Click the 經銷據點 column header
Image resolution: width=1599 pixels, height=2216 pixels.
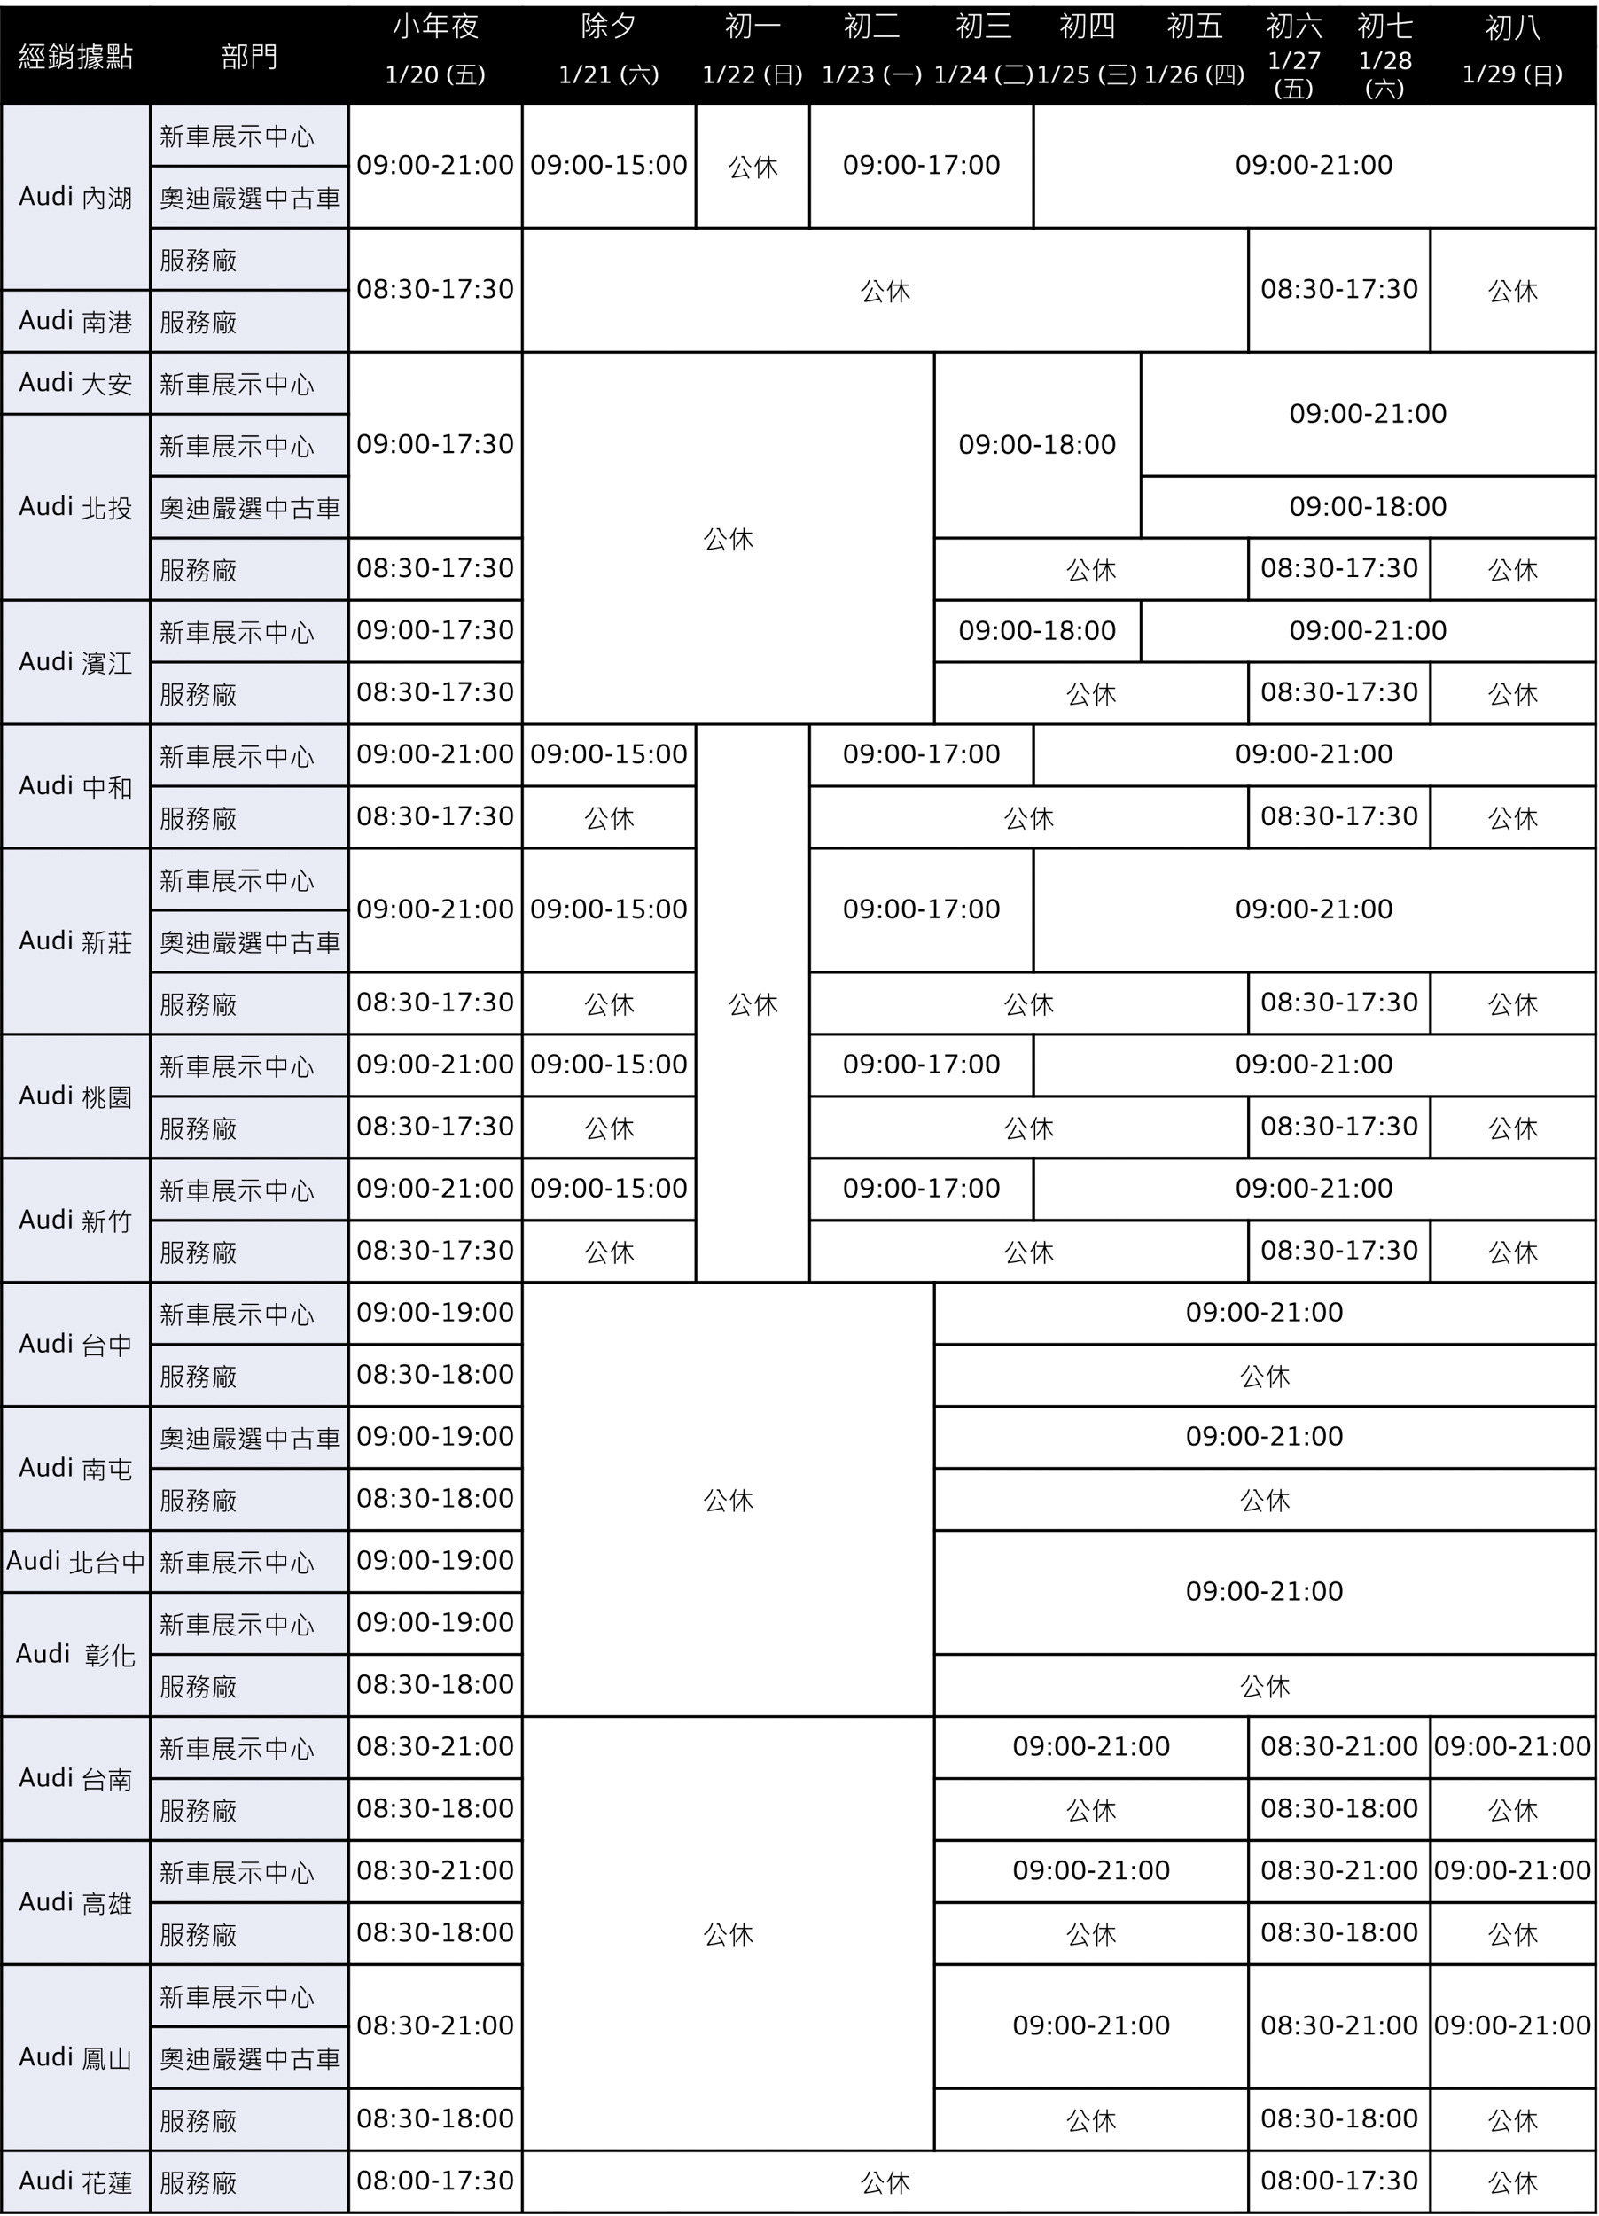point(75,57)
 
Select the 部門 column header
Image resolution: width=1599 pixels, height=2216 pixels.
point(249,57)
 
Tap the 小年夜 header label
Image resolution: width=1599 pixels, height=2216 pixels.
point(435,27)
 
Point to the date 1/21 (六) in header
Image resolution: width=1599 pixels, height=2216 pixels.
point(609,75)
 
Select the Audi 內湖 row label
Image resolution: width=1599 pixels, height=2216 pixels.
point(75,198)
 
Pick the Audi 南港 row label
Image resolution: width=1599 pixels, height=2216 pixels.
point(75,322)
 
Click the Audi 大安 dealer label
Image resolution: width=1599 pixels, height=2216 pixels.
point(75,383)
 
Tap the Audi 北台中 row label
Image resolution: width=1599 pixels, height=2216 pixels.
point(75,1561)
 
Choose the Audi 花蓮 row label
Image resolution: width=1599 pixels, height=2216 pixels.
point(75,2181)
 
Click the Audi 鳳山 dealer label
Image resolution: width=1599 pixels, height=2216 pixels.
point(75,2057)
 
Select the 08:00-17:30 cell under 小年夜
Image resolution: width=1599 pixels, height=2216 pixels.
point(435,2181)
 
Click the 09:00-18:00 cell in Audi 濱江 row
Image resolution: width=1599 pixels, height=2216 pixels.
point(1037,631)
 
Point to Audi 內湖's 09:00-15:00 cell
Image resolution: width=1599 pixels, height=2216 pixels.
point(609,165)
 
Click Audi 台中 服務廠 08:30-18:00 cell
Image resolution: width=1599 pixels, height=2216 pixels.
point(435,1375)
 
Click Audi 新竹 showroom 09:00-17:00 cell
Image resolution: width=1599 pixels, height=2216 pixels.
point(921,1189)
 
